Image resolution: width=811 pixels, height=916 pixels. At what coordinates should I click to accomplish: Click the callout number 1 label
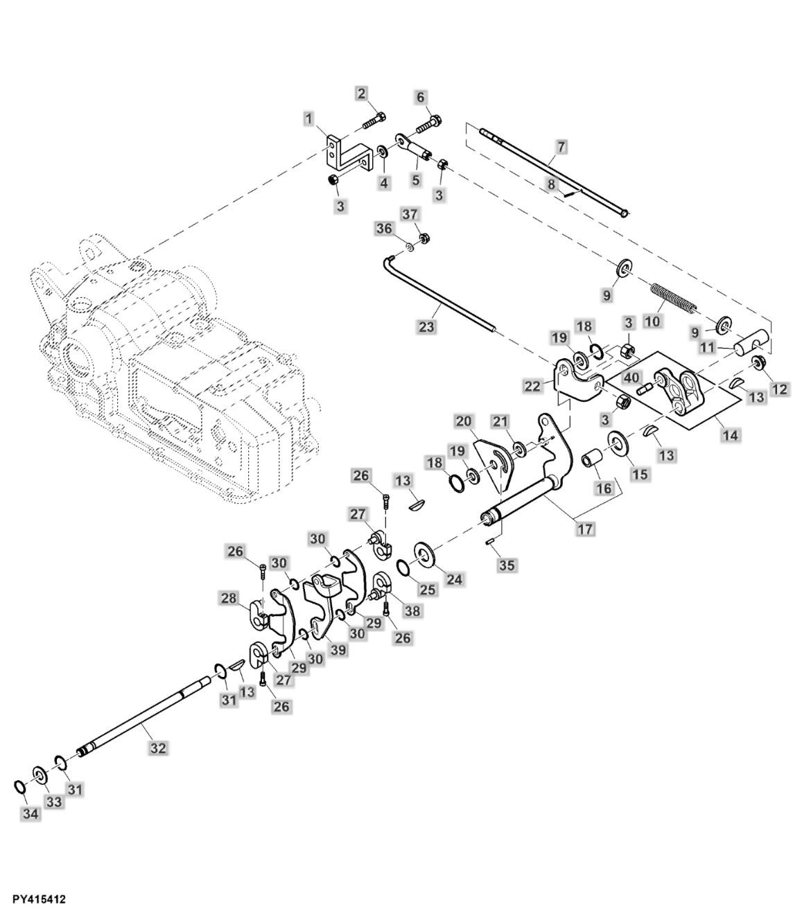[308, 118]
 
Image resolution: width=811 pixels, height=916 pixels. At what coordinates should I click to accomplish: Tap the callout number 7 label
[561, 146]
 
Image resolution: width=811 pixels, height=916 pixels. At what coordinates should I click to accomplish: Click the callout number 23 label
[427, 326]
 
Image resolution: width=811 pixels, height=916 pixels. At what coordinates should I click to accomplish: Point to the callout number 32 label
[159, 748]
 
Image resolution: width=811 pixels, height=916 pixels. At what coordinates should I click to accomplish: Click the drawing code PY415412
[39, 899]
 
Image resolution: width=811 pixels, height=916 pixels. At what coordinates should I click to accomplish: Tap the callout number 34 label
[30, 813]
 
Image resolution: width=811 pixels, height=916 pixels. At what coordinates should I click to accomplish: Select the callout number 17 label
[585, 529]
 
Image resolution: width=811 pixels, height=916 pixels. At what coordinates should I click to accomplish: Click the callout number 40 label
[630, 378]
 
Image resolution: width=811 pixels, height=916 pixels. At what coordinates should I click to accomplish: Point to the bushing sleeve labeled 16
[592, 461]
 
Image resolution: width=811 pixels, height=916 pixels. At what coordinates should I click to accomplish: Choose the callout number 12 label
[780, 389]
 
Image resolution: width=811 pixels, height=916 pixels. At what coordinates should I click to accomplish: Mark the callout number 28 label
[229, 597]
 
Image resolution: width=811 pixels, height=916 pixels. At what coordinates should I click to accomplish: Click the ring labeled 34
[20, 786]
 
